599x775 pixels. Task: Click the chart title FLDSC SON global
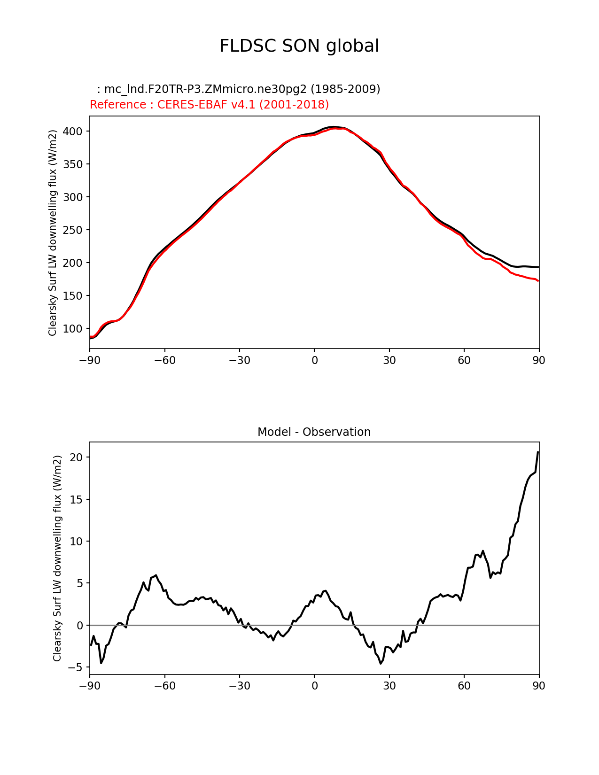(x=299, y=46)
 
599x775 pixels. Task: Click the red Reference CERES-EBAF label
(x=209, y=105)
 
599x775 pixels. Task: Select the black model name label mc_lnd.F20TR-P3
(x=239, y=89)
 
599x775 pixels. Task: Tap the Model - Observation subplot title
(x=314, y=432)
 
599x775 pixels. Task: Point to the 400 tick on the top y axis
(x=76, y=132)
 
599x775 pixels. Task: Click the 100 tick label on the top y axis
(x=76, y=329)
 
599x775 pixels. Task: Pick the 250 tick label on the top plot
(x=76, y=230)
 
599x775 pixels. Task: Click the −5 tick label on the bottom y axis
(x=76, y=667)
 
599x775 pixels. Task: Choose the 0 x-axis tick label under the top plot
(x=314, y=361)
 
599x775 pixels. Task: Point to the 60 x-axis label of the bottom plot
(x=464, y=686)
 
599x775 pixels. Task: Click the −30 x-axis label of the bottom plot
(x=239, y=686)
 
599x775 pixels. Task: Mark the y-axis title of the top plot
(x=53, y=232)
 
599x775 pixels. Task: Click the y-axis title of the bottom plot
(x=57, y=558)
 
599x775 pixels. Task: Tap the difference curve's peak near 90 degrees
(x=538, y=452)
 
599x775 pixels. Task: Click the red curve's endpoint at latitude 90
(x=538, y=281)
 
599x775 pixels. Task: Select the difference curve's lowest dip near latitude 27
(x=381, y=663)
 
